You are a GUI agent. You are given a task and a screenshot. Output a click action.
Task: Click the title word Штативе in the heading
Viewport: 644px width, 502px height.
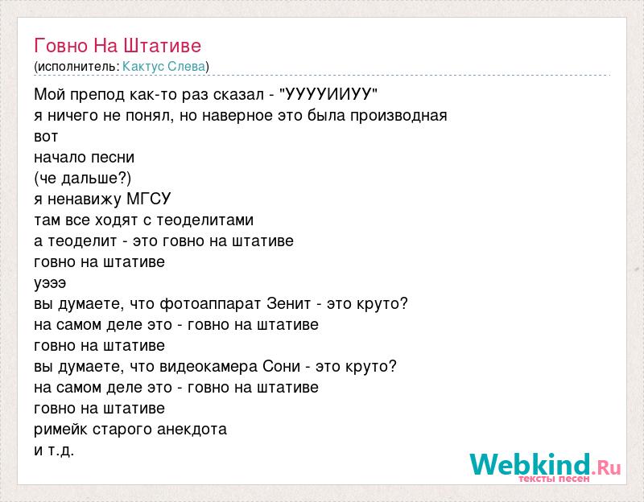click(x=163, y=46)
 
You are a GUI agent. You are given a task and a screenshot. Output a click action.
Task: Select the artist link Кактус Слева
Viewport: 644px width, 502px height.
click(x=164, y=67)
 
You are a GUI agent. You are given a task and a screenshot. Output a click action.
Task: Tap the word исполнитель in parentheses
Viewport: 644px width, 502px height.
click(x=76, y=67)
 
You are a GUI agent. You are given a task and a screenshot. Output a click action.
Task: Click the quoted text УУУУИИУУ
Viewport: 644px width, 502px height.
click(x=328, y=94)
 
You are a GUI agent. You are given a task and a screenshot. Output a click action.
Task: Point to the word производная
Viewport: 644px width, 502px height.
click(x=398, y=116)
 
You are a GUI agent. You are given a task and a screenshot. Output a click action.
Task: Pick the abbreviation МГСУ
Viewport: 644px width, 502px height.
click(x=149, y=199)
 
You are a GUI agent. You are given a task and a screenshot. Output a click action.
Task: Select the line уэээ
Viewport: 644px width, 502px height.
click(x=50, y=284)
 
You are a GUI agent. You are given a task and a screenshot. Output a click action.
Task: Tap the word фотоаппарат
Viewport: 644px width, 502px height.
click(x=210, y=304)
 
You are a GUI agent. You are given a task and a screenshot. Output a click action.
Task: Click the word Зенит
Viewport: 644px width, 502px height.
click(x=289, y=304)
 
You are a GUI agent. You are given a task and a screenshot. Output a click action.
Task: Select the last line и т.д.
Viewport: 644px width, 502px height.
click(x=54, y=451)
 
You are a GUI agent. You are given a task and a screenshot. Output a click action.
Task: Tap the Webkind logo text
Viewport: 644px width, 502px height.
click(x=530, y=464)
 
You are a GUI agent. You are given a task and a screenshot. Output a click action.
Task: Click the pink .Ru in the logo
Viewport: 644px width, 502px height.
click(x=606, y=467)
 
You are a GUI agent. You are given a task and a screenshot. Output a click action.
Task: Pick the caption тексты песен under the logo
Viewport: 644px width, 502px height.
click(x=554, y=479)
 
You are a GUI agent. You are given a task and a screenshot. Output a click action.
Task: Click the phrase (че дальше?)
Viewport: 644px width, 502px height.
click(x=83, y=179)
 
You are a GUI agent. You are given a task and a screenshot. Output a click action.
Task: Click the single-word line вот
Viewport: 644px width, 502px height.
click(x=46, y=137)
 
